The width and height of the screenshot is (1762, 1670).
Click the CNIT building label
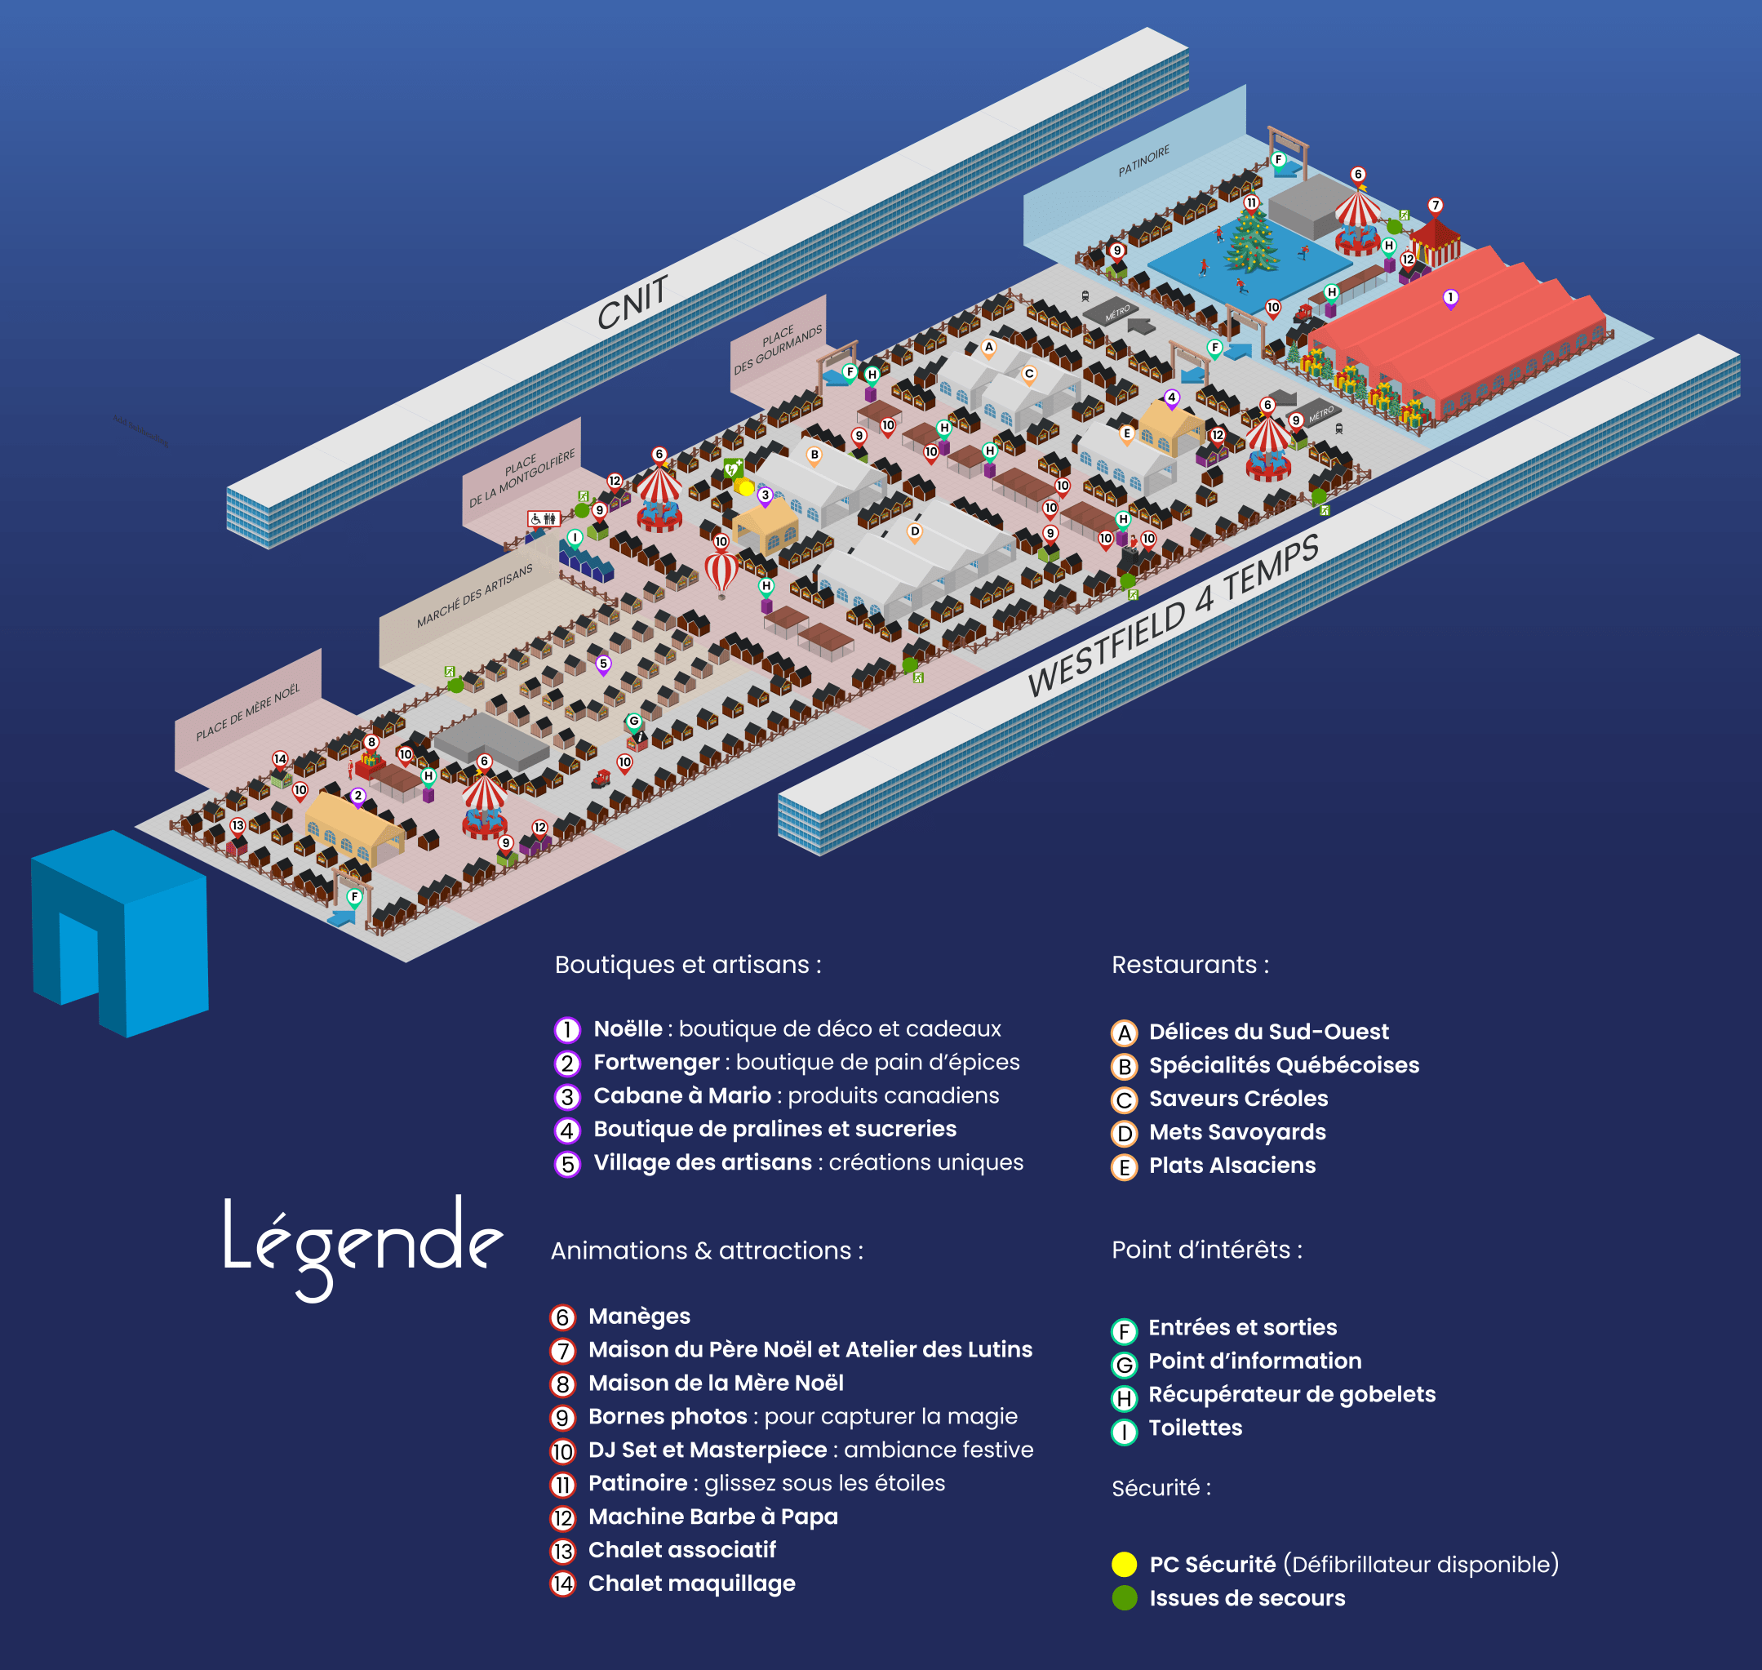tap(632, 303)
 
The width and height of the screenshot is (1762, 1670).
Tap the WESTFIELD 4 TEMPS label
tap(1173, 618)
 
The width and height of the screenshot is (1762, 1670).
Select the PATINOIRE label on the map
tap(1143, 161)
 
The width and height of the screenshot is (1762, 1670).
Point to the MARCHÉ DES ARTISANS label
tap(474, 596)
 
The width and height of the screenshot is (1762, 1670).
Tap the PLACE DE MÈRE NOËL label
tap(247, 712)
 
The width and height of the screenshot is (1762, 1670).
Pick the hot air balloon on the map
tap(721, 571)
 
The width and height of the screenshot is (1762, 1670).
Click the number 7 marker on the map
tap(1436, 206)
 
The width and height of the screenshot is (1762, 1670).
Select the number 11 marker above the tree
tap(1251, 203)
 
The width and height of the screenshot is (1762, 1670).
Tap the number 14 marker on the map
tap(280, 758)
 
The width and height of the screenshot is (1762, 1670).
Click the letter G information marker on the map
tap(633, 721)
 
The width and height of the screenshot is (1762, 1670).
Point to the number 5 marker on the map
tap(603, 664)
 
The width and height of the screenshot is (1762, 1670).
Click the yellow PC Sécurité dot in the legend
tap(1124, 1564)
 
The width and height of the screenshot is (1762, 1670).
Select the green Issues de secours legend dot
tap(1124, 1598)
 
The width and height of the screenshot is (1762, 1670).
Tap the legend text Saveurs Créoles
tap(1238, 1099)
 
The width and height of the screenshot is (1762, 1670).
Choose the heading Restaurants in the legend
tap(1190, 964)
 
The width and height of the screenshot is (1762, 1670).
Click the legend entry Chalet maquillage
tap(691, 1583)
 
